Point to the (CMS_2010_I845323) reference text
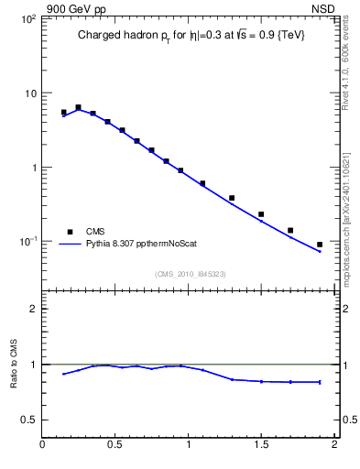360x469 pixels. pyautogui.click(x=189, y=272)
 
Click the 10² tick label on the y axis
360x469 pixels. pyautogui.click(x=27, y=19)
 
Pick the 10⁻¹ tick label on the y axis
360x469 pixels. pyautogui.click(x=27, y=242)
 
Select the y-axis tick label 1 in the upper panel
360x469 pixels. pyautogui.click(x=32, y=168)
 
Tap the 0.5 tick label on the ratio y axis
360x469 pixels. pyautogui.click(x=27, y=420)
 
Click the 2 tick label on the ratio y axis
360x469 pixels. pyautogui.click(x=32, y=309)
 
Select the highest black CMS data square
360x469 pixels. pyautogui.click(x=78, y=107)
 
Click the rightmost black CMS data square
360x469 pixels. pyautogui.click(x=320, y=245)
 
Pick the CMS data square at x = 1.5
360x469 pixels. pyautogui.click(x=261, y=214)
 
